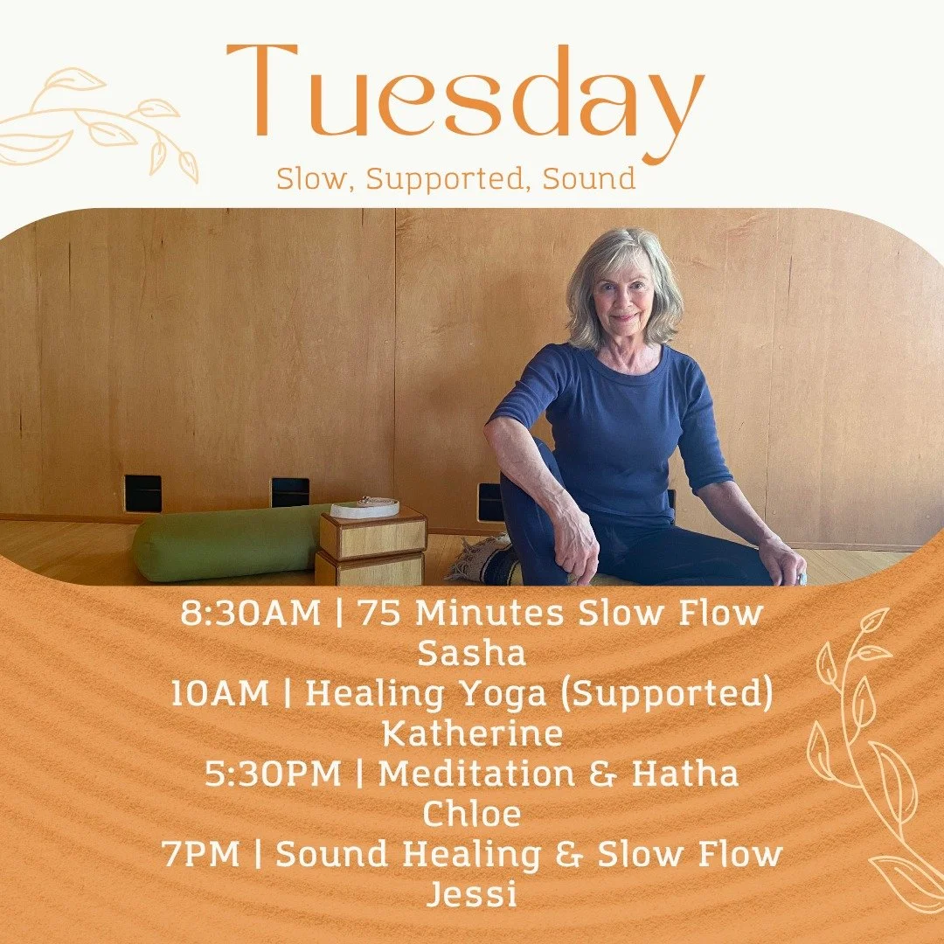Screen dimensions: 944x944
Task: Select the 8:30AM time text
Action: [251, 614]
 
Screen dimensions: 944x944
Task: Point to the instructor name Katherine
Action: [473, 734]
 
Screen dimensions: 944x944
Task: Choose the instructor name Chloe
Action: [472, 815]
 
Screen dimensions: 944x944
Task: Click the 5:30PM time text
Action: [274, 774]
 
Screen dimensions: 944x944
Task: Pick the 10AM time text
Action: [220, 694]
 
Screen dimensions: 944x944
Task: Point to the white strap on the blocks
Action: [364, 507]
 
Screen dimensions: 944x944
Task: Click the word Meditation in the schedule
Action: [470, 774]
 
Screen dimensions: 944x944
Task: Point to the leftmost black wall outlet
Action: [142, 493]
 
